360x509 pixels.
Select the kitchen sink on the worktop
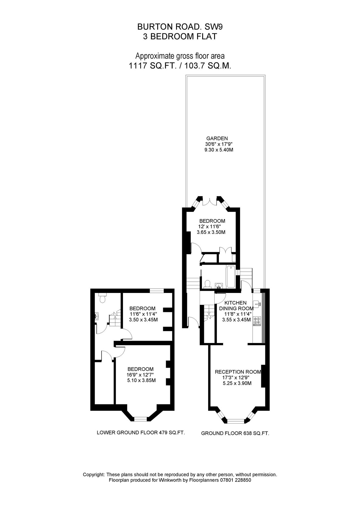pos(257,304)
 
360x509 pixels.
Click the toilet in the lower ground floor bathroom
pos(102,298)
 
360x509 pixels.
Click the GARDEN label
pos(217,139)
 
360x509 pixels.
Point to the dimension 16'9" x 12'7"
pos(141,375)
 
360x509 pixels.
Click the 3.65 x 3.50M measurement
pos(211,232)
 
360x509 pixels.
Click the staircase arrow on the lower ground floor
pos(115,313)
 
